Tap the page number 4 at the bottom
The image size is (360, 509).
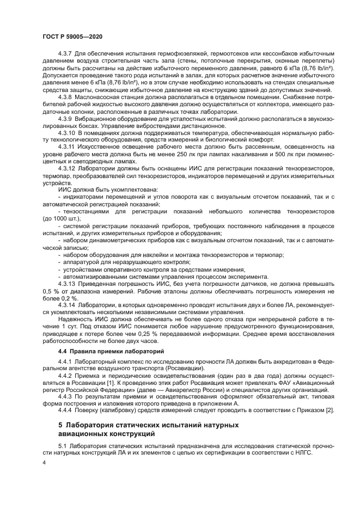44,462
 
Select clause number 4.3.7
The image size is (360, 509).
66,55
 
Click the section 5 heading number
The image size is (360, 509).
60,424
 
